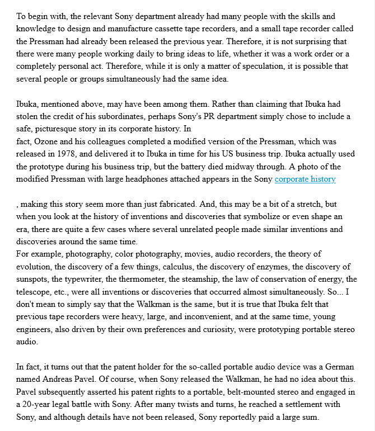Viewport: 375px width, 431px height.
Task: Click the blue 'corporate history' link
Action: [305, 179]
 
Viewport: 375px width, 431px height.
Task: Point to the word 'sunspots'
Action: [33, 279]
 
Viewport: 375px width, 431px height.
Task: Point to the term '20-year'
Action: [37, 404]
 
